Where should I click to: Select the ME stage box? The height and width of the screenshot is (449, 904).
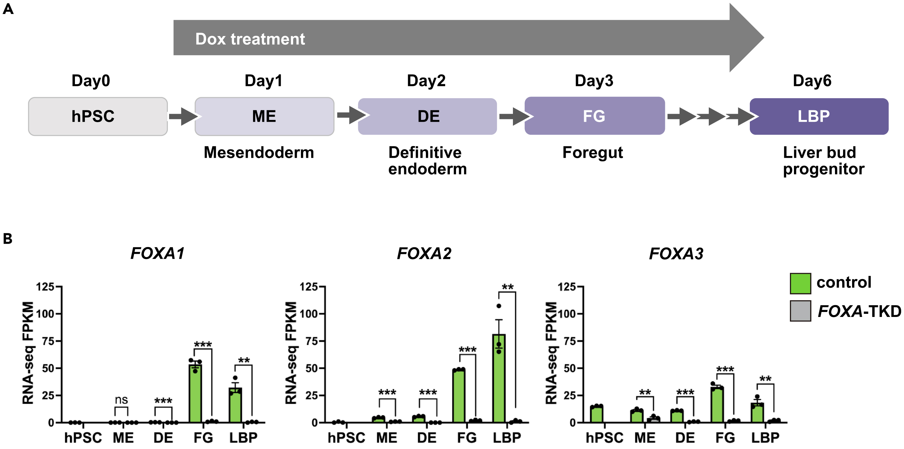264,117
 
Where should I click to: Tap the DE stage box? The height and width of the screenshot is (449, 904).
427,117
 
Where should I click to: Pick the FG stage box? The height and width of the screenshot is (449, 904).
594,116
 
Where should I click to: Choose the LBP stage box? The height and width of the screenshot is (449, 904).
819,117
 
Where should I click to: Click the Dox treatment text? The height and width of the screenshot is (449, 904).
250,39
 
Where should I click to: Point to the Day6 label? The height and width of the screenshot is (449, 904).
812,81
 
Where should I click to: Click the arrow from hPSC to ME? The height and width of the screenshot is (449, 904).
182,117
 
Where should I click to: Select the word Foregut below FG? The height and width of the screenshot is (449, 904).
593,153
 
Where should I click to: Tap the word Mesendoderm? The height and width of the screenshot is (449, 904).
259,153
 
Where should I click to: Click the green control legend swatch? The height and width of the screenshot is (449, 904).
800,283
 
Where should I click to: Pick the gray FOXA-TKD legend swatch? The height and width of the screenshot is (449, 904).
800,311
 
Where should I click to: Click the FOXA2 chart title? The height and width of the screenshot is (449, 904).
424,253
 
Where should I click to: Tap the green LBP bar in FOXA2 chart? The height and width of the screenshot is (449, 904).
499,379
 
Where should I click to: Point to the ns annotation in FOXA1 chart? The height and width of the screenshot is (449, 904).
122,400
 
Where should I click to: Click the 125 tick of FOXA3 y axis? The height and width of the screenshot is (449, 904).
566,287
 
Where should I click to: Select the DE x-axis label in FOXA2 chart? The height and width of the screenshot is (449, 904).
427,438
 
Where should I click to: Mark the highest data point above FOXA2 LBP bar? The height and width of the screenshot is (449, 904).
499,306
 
